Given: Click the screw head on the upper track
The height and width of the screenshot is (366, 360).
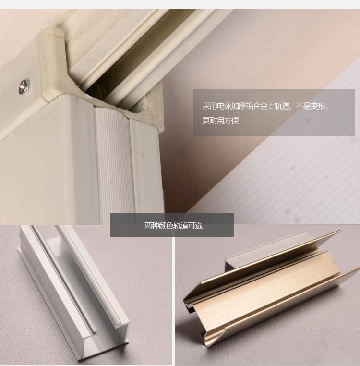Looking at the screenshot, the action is (x=24, y=86).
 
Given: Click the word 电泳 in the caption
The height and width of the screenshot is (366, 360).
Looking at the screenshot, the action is (x=224, y=106).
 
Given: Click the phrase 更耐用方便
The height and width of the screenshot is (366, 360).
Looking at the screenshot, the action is (x=220, y=121).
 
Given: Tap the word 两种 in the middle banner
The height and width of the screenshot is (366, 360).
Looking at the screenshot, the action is (x=152, y=226).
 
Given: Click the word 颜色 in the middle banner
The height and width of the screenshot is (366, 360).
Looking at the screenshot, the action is (x=166, y=226).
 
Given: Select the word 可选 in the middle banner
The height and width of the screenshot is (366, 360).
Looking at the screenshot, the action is (x=195, y=226).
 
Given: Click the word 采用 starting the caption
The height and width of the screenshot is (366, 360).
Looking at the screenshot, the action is (x=209, y=106).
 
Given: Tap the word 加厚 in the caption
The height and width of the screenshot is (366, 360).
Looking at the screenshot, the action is (x=239, y=106).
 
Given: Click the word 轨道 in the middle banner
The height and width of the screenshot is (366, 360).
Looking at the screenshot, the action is (x=181, y=226).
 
